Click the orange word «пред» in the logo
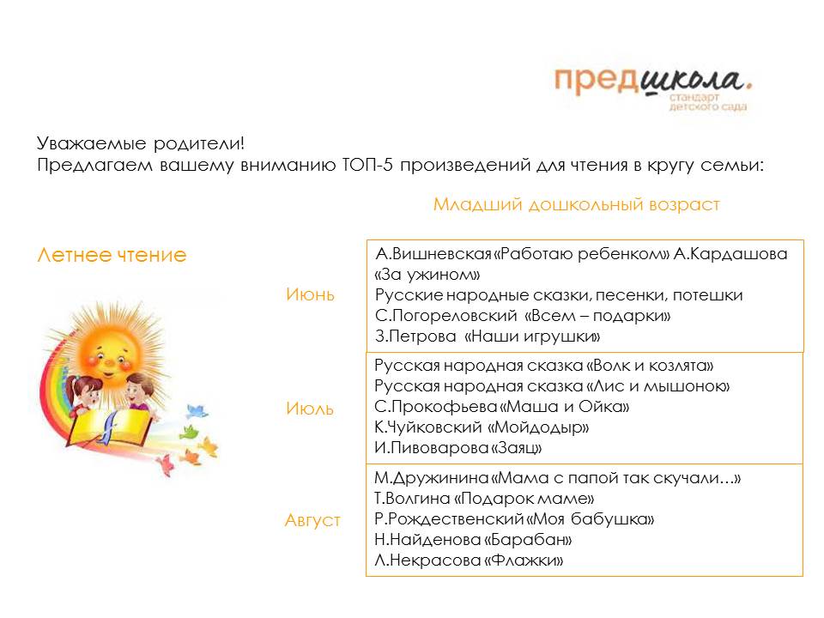click(597, 81)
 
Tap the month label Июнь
click(310, 294)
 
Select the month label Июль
click(310, 409)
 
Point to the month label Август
click(312, 520)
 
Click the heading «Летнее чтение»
click(112, 255)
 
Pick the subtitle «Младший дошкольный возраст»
click(577, 204)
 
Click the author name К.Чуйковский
click(427, 427)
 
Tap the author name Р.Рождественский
click(449, 519)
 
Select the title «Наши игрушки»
click(532, 336)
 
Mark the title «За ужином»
click(427, 275)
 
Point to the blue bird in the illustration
click(197, 411)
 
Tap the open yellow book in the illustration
click(112, 427)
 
